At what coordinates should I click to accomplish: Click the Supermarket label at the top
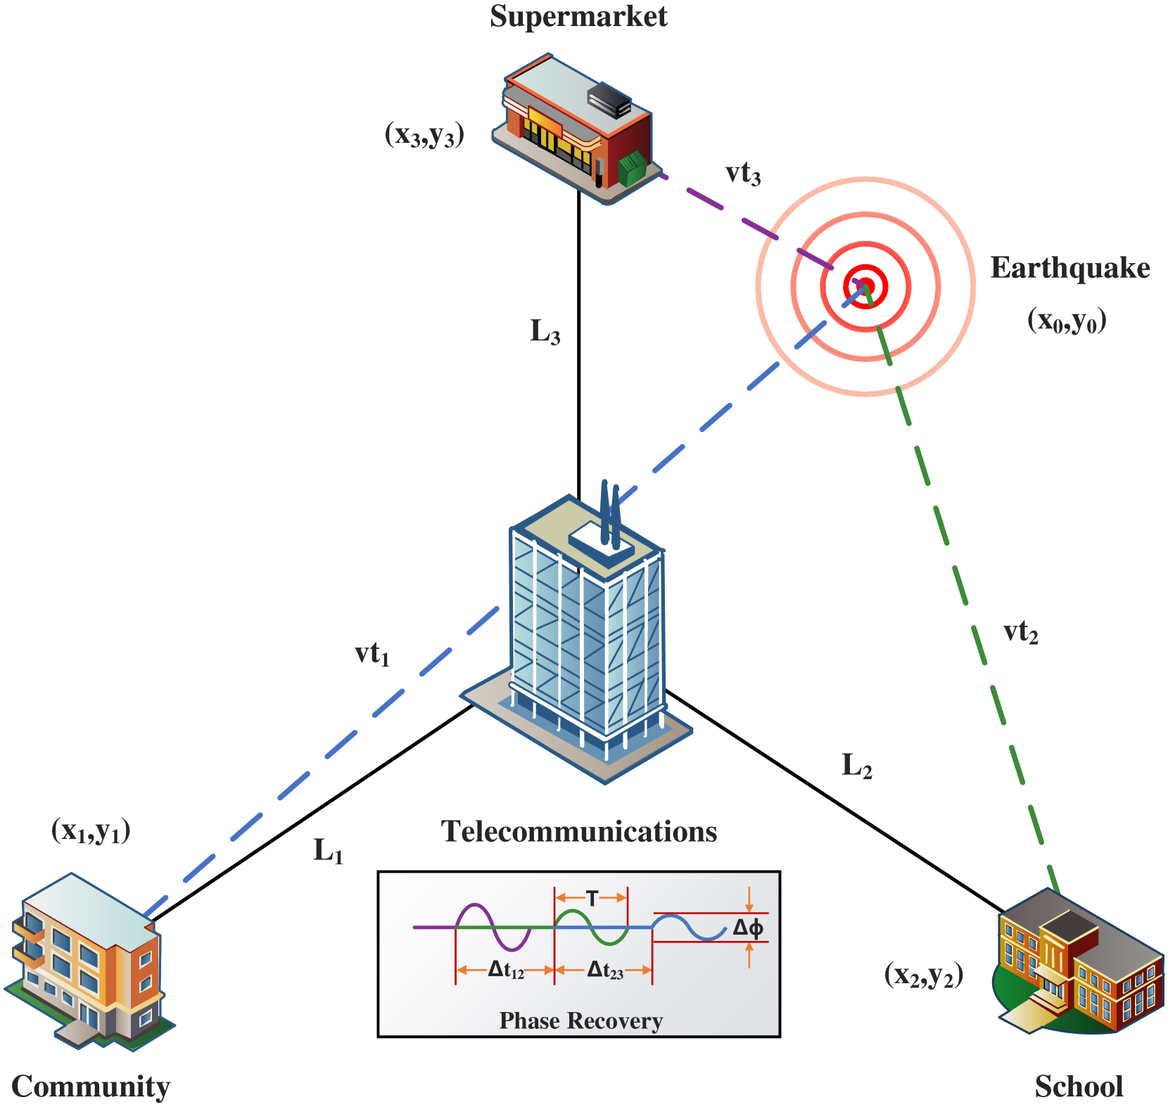[x=578, y=17]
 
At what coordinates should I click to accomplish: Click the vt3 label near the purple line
[x=742, y=173]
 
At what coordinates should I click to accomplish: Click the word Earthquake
[x=1069, y=268]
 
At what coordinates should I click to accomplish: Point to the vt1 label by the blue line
[x=372, y=653]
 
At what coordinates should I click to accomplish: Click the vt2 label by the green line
[x=1020, y=632]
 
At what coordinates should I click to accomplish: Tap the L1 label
[x=328, y=850]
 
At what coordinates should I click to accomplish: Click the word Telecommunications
[x=578, y=831]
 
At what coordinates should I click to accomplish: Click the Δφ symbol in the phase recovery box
[x=748, y=928]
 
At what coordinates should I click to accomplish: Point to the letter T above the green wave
[x=592, y=898]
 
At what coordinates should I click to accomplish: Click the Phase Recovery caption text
[x=580, y=1020]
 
